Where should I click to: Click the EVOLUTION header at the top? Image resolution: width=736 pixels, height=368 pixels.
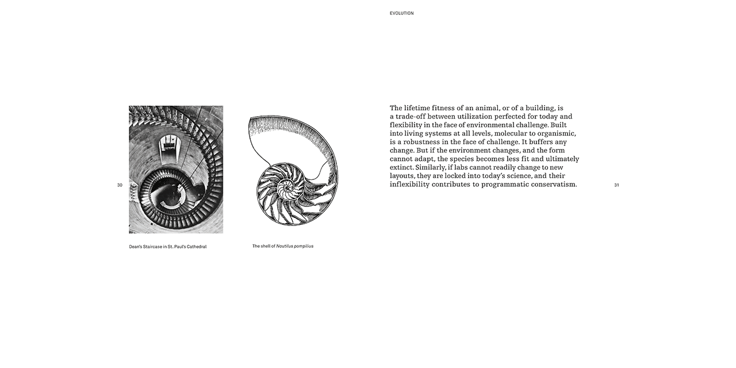[401, 13]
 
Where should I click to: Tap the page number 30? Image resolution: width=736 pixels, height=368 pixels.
[120, 185]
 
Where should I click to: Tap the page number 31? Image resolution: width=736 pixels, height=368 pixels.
[616, 185]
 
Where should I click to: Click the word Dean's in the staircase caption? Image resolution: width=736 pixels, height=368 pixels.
[137, 247]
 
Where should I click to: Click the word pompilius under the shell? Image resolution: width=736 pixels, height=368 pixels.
[303, 246]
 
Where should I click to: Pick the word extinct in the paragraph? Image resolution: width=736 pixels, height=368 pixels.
[401, 167]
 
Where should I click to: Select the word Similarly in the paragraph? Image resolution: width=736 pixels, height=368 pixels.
[431, 167]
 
